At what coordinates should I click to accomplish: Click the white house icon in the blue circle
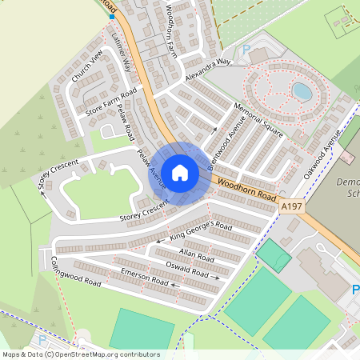[x=180, y=173]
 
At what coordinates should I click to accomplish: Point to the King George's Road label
[x=201, y=232]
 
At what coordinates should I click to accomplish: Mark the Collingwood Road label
[x=76, y=273]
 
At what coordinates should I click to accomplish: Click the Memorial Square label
[x=258, y=120]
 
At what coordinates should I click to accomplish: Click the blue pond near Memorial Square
[x=302, y=91]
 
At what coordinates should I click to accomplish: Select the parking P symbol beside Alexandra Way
[x=246, y=50]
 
